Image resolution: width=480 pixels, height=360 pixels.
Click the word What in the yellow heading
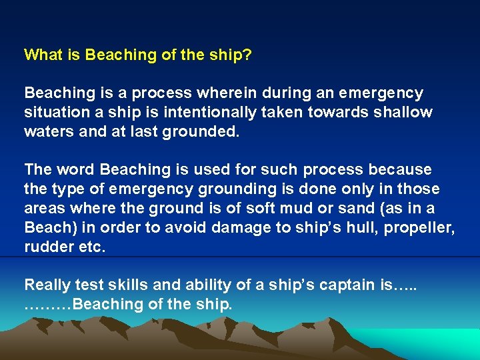tap(43, 55)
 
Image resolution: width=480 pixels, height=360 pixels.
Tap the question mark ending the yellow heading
tap(248, 55)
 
